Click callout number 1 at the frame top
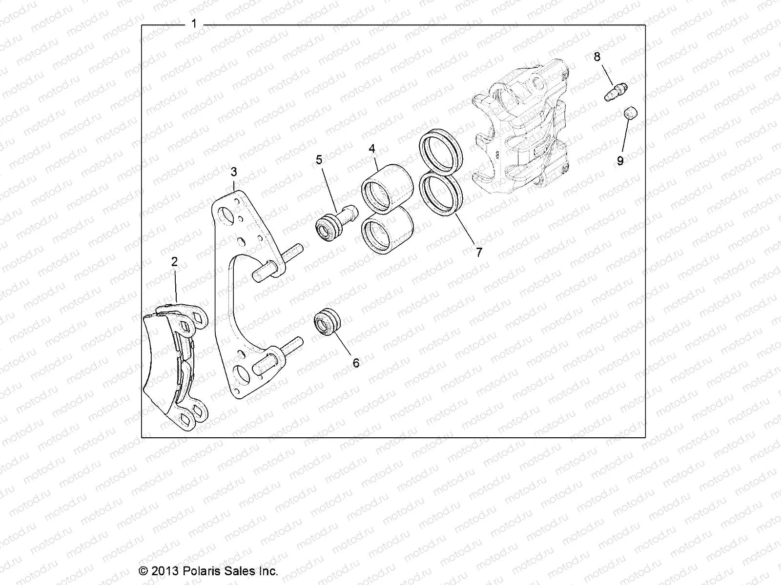coord(194,24)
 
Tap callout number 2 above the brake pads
coord(174,262)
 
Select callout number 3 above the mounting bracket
coord(234,172)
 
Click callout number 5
coord(319,159)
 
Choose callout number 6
coord(356,363)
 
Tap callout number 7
coord(479,252)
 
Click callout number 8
coord(597,57)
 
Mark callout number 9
coord(620,161)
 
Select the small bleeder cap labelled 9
coord(632,113)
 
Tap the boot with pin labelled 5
coord(334,222)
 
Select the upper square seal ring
coord(441,148)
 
